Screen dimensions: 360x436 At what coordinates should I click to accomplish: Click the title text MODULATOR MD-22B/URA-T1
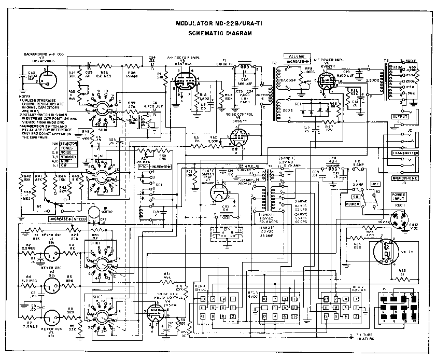(x=221, y=23)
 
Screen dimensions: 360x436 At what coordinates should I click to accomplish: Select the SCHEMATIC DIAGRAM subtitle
(x=220, y=33)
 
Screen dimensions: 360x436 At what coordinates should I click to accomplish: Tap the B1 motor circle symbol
(x=94, y=212)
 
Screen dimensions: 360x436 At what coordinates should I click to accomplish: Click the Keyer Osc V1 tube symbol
(x=51, y=255)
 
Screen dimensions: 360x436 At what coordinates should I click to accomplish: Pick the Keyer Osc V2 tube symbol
(x=51, y=285)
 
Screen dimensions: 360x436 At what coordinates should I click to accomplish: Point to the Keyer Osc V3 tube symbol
(x=51, y=317)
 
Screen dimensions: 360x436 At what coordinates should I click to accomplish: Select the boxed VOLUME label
(x=297, y=55)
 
